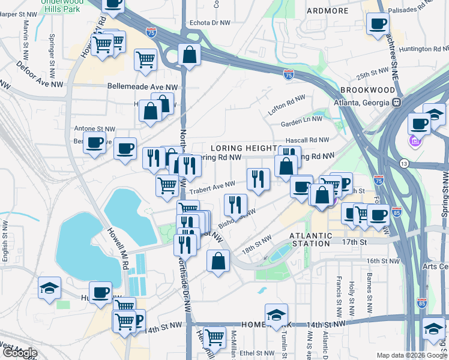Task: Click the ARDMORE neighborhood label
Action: [328, 11]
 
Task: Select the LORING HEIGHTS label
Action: [243, 148]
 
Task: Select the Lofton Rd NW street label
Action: [287, 105]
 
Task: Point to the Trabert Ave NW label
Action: [213, 189]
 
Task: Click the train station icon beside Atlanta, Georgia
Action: [397, 102]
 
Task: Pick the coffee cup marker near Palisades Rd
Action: [378, 24]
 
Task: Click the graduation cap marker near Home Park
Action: [276, 314]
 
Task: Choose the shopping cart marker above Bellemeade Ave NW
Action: [145, 60]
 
